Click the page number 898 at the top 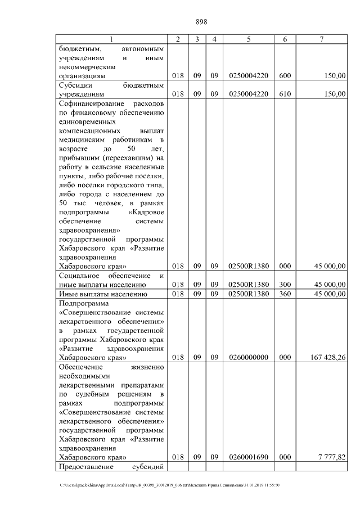click(x=201, y=22)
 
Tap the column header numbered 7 click(x=321, y=39)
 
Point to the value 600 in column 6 click(x=285, y=75)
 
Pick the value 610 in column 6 click(x=285, y=94)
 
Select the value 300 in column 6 click(x=285, y=285)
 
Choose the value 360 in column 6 click(x=285, y=294)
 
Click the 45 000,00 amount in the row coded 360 click(x=328, y=294)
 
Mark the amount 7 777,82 click(x=331, y=458)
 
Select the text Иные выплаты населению click(x=102, y=294)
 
